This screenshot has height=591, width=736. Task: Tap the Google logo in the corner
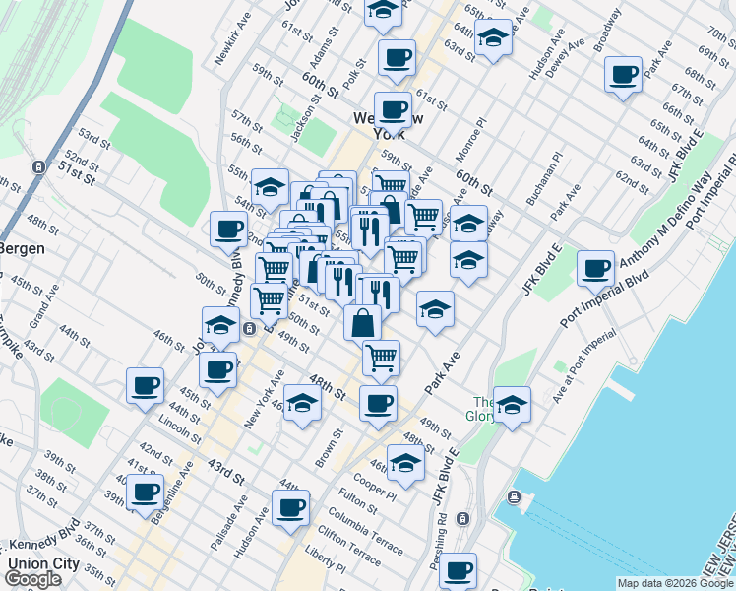[32, 579]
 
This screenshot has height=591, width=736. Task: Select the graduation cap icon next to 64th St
[494, 38]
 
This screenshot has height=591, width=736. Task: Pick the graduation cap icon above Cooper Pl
[405, 460]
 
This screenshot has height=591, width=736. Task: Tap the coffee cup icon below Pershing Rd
[458, 569]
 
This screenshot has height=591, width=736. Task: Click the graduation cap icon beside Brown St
[303, 404]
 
